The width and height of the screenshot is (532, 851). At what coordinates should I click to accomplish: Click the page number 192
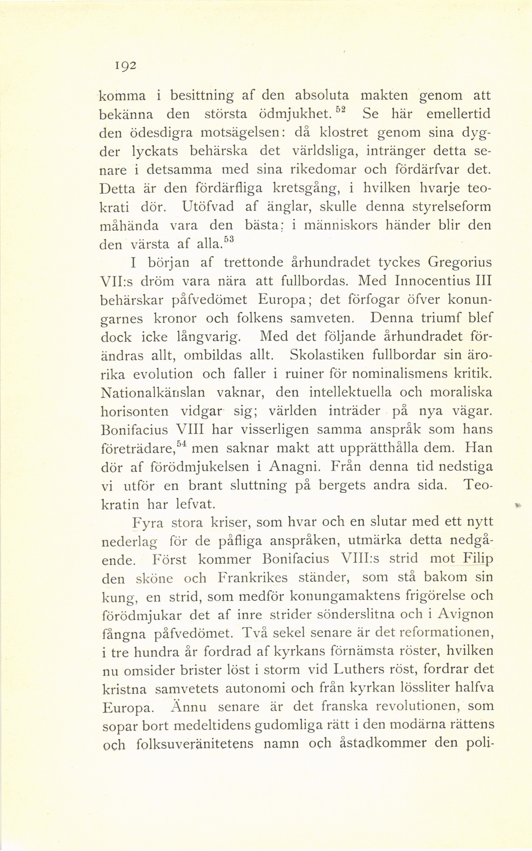pos(123,67)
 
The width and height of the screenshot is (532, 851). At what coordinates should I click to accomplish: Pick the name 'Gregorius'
pos(460,263)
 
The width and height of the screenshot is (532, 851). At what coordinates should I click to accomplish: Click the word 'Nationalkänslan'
pos(153,392)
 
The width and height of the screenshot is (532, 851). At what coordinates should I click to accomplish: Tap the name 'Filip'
pos(478,559)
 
